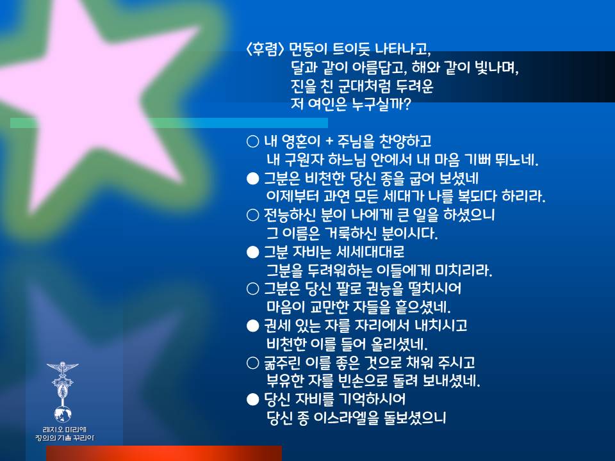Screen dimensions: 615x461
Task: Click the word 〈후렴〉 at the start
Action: coord(265,49)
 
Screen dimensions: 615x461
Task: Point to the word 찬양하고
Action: coord(406,141)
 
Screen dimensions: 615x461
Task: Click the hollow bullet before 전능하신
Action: coord(253,215)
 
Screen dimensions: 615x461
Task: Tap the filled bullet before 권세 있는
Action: coord(253,326)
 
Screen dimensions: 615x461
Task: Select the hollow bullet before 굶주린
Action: coord(253,362)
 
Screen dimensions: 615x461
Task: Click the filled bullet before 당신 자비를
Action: coord(253,400)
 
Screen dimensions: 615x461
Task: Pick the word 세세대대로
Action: coord(371,252)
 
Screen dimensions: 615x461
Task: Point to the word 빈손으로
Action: coord(363,380)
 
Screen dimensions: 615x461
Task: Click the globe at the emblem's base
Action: coord(63,414)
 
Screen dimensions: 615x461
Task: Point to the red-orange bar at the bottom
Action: coord(164,453)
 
